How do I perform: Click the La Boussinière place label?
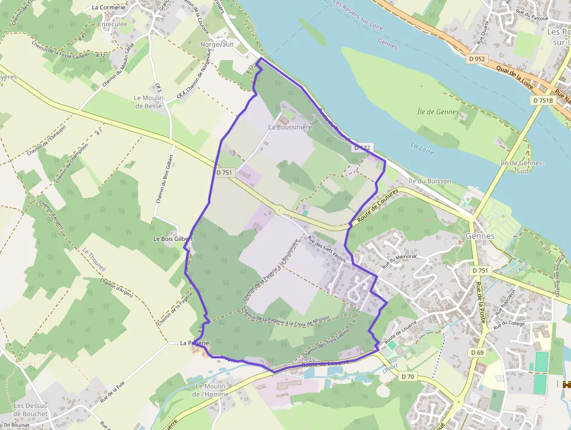pyautogui.click(x=290, y=127)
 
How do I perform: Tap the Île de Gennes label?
pyautogui.click(x=438, y=111)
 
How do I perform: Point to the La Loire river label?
pyautogui.click(x=422, y=148)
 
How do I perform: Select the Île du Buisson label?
pyautogui.click(x=429, y=181)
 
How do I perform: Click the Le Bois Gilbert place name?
pyautogui.click(x=172, y=239)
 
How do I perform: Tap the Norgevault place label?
pyautogui.click(x=217, y=44)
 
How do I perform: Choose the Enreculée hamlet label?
pyautogui.click(x=113, y=25)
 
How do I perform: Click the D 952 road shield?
pyautogui.click(x=476, y=59)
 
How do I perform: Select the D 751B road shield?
pyautogui.click(x=543, y=100)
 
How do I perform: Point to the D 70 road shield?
pyautogui.click(x=408, y=377)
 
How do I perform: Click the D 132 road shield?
pyautogui.click(x=362, y=148)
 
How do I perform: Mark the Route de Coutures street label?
pyautogui.click(x=373, y=206)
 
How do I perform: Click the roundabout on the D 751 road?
pyautogui.click(x=279, y=211)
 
